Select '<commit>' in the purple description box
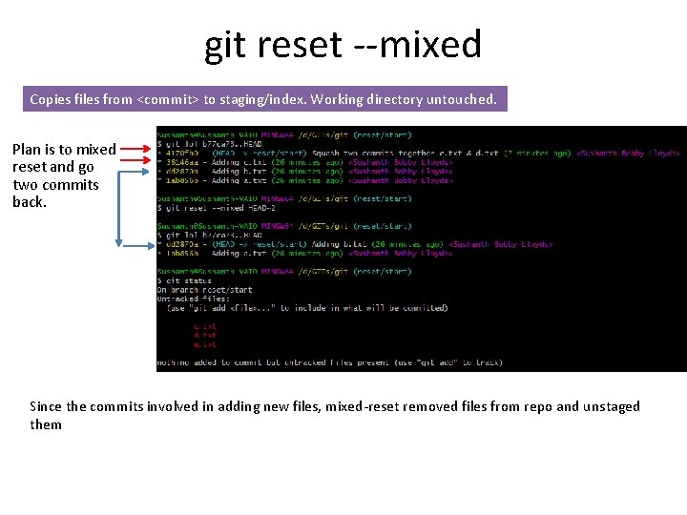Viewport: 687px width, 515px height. (x=169, y=99)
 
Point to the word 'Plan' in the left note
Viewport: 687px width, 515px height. (x=28, y=150)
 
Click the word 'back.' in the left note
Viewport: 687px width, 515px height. (x=30, y=202)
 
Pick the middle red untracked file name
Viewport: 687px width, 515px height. (x=204, y=335)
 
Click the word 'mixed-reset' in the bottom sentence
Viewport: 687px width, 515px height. (x=362, y=406)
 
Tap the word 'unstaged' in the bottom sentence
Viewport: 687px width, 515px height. (x=611, y=406)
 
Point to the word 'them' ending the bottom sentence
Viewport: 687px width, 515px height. (x=46, y=424)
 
